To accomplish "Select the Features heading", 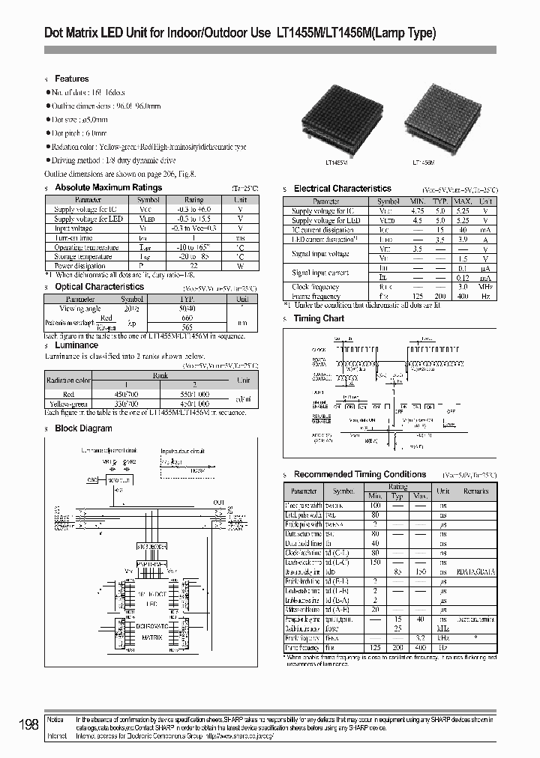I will point(71,79).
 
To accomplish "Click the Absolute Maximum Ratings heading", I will point(109,188).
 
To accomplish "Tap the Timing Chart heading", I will point(319,318).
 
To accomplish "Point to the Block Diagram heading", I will point(83,428).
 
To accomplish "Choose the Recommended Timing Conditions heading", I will point(359,474).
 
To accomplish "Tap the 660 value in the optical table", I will point(187,317).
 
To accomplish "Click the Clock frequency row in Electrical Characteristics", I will point(315,287).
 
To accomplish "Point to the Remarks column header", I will point(475,491).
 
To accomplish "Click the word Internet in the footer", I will point(57,736).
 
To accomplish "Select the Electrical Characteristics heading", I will point(342,189).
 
